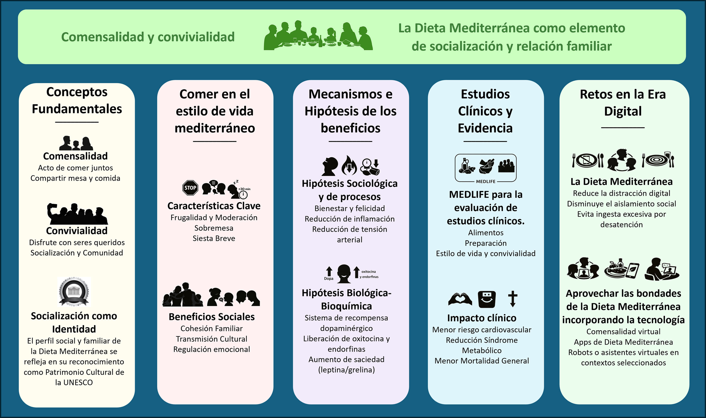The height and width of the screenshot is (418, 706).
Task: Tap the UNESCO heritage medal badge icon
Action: click(74, 292)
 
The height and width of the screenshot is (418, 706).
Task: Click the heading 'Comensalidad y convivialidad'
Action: click(148, 37)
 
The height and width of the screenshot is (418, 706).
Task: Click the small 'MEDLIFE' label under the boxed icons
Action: click(486, 182)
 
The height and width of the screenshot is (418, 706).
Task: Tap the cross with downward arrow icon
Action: click(513, 299)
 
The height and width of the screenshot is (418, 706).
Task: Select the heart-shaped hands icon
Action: click(460, 299)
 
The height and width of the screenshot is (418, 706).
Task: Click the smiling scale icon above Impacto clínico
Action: click(487, 299)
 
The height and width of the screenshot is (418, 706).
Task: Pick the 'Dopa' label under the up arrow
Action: click(329, 279)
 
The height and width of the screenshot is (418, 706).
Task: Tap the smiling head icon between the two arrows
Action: click(344, 274)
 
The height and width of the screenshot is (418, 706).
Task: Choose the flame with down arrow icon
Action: click(349, 165)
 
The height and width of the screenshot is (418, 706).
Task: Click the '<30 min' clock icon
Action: click(243, 193)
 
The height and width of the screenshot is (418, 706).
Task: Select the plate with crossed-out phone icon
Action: click(588, 160)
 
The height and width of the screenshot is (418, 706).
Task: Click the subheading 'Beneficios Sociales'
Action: click(212, 317)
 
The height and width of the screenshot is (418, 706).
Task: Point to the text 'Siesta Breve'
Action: click(214, 238)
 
